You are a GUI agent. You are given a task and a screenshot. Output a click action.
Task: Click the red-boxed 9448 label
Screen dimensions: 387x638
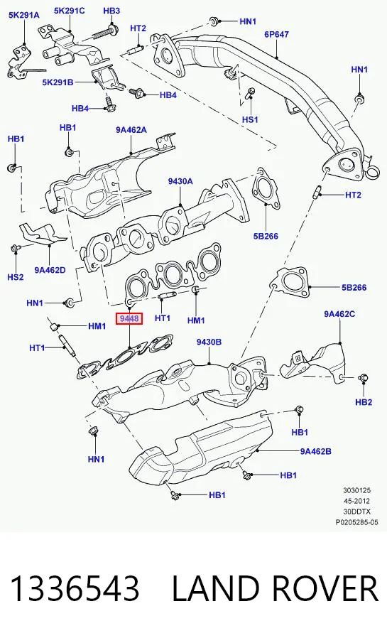129,319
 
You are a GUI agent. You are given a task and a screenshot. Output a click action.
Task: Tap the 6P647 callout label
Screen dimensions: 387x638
276,34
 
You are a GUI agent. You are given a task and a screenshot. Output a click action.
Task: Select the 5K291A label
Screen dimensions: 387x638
24,16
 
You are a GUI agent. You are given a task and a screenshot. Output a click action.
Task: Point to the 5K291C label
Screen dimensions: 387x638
70,11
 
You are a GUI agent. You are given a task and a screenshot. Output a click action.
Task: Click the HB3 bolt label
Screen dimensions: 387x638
111,11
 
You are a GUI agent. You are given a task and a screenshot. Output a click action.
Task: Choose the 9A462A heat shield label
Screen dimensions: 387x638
131,130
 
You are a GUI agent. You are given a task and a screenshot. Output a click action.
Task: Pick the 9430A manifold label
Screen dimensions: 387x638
180,181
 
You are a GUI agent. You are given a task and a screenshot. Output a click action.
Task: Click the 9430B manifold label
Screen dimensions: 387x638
209,342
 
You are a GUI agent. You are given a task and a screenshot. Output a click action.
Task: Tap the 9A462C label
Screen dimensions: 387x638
339,314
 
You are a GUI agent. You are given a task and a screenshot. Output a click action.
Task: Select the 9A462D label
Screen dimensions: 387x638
50,269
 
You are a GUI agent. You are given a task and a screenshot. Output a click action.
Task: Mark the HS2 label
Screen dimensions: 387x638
16,277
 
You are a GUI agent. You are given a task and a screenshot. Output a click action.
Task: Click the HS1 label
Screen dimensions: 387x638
250,119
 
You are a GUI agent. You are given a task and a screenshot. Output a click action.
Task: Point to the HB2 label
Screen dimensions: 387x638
364,402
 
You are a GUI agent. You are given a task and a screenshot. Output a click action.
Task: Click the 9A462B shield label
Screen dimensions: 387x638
316,451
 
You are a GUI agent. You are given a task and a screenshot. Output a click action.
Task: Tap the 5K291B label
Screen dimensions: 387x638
58,82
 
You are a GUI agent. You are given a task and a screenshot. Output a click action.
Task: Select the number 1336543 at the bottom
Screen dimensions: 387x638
75,588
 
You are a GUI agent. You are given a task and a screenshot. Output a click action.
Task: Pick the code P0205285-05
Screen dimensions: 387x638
356,522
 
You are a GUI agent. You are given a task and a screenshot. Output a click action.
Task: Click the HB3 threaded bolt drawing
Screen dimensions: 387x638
106,32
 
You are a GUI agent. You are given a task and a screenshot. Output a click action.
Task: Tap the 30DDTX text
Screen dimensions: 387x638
356,512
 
